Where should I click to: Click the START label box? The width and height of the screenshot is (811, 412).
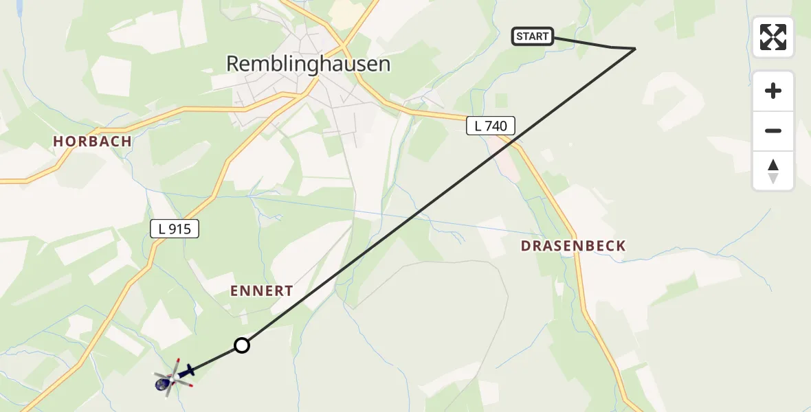[x=533, y=36]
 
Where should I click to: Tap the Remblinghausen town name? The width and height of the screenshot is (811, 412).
[x=308, y=64]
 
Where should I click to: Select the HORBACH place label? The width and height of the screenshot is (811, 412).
[x=93, y=141]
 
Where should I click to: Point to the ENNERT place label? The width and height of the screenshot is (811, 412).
[x=262, y=291]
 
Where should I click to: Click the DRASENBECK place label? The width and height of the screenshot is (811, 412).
[x=573, y=246]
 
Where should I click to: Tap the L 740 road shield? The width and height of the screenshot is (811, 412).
[x=491, y=126]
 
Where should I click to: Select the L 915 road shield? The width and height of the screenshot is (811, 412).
[x=175, y=229]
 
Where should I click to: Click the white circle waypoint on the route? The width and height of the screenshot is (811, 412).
[x=242, y=345]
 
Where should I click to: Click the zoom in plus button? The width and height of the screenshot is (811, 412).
[x=773, y=91]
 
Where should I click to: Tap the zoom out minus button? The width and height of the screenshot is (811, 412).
[x=773, y=130]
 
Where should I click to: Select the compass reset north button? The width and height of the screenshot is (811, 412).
[x=773, y=170]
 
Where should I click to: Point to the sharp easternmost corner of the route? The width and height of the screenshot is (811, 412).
[x=635, y=48]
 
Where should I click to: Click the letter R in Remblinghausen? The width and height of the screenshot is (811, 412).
[x=232, y=64]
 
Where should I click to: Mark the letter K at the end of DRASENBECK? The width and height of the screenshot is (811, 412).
[x=621, y=246]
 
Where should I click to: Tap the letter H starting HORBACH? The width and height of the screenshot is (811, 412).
[x=58, y=141]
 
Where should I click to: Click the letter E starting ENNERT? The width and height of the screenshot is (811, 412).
[x=234, y=291]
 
